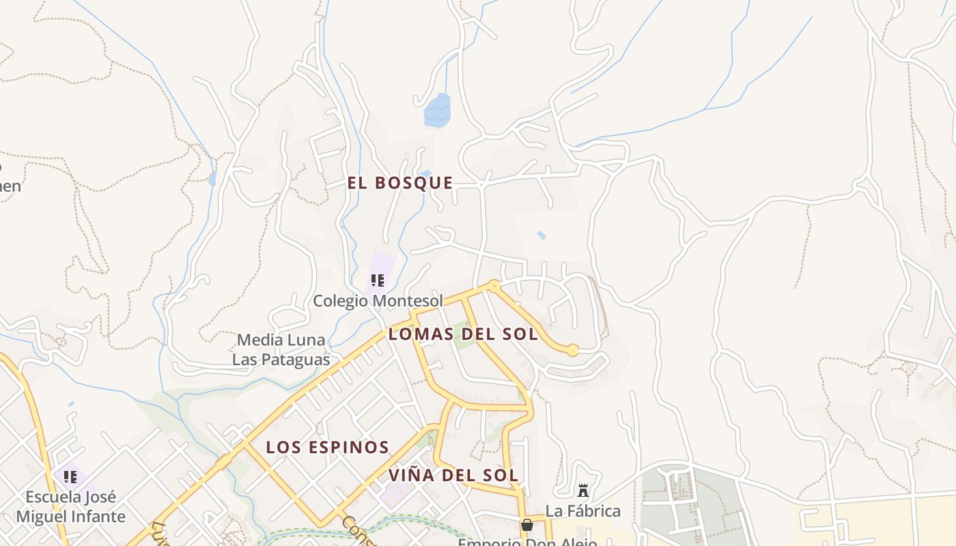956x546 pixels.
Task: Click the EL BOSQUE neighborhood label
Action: click(400, 183)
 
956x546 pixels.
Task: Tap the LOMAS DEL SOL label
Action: click(463, 334)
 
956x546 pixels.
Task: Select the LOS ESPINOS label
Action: click(327, 448)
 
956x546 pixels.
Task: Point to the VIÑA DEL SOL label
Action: click(453, 475)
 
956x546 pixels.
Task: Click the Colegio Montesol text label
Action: click(378, 300)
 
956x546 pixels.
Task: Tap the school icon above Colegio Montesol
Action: click(378, 280)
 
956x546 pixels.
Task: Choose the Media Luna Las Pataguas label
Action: click(281, 349)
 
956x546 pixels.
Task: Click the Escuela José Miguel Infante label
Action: click(70, 506)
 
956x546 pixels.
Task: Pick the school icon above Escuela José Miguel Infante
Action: click(70, 476)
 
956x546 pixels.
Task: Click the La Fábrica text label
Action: click(582, 511)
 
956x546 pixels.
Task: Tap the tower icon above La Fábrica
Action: click(583, 491)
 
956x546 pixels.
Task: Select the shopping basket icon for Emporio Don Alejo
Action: click(526, 525)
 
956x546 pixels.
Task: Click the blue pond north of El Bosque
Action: click(437, 111)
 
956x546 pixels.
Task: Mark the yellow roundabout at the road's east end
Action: click(573, 350)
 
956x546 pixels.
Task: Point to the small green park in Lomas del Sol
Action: click(465, 339)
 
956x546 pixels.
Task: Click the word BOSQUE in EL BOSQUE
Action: click(415, 183)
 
